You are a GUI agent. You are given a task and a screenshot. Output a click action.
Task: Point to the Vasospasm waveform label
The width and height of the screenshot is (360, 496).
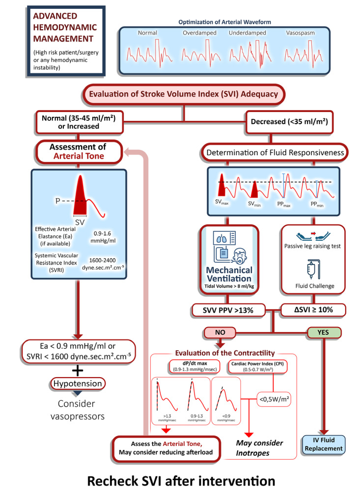click(300, 33)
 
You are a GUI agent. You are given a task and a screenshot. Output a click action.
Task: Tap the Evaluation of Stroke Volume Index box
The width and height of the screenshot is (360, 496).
click(184, 95)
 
